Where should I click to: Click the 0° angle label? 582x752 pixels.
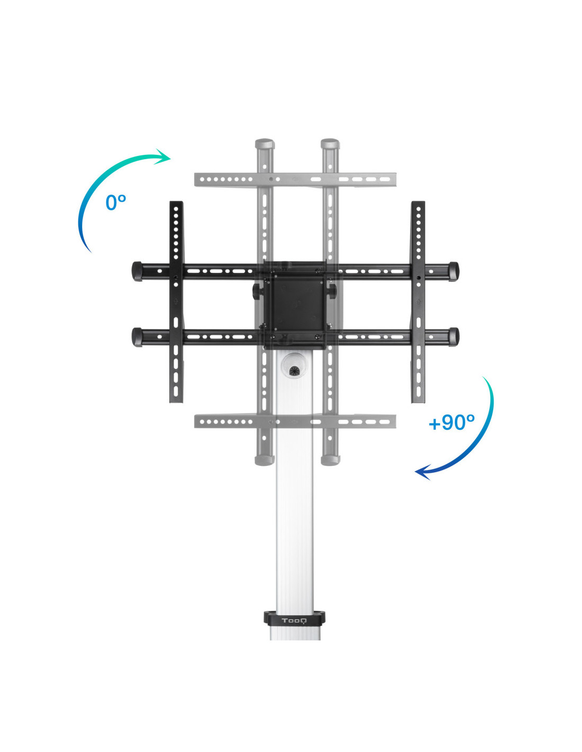(116, 203)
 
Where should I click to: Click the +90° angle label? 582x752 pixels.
(451, 422)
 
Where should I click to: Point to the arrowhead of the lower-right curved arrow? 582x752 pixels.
(423, 472)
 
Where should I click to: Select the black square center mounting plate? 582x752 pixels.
(295, 305)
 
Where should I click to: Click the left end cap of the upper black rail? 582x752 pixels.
(137, 271)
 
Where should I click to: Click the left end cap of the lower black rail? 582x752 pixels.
(137, 337)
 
